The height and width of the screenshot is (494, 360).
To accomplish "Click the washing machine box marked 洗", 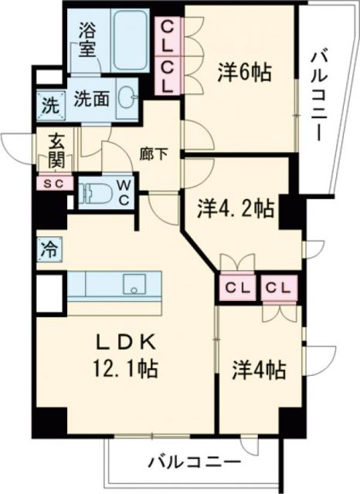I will pos(48,104).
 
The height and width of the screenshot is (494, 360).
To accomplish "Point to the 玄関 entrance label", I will pos(56,151).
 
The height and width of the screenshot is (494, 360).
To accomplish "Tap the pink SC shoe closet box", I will pos(53,184).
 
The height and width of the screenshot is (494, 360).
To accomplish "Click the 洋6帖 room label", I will pos(243,73).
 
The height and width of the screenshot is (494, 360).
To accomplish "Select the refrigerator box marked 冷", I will pos(49,249).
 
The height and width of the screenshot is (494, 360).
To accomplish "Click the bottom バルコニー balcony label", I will pos(192,463).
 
